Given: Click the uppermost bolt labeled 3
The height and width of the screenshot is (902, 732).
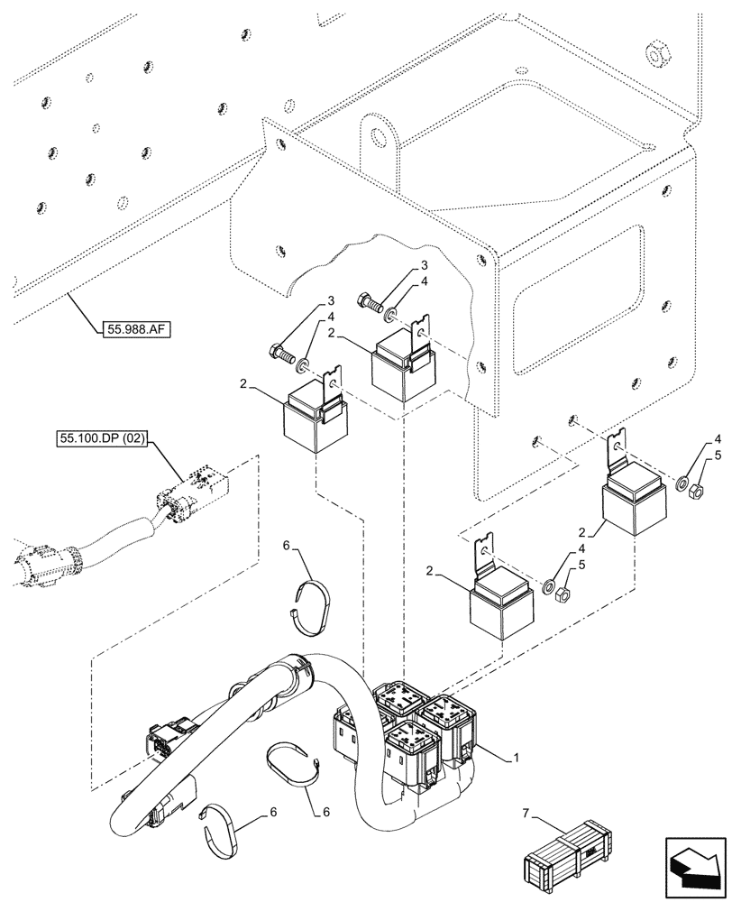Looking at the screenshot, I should (x=369, y=301).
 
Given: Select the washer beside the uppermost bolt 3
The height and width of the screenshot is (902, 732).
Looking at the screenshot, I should (x=390, y=312).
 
